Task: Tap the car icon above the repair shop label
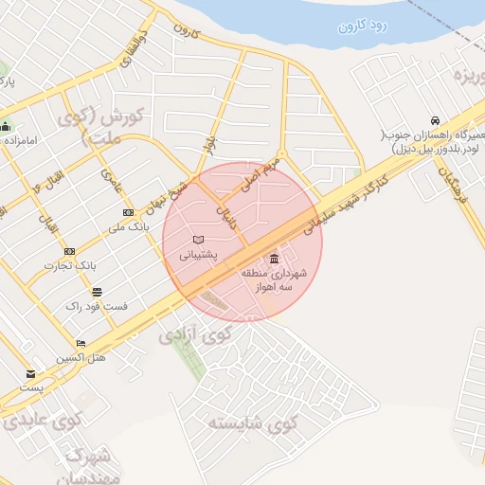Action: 435,121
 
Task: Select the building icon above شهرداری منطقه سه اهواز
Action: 274,259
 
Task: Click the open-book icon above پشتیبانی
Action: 198,240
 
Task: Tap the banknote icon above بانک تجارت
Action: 69,251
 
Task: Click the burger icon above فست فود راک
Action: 97,292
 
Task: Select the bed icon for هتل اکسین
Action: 81,344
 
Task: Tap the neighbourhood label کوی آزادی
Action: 194,333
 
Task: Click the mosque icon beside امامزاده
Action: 7,127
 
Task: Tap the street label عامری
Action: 111,175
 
